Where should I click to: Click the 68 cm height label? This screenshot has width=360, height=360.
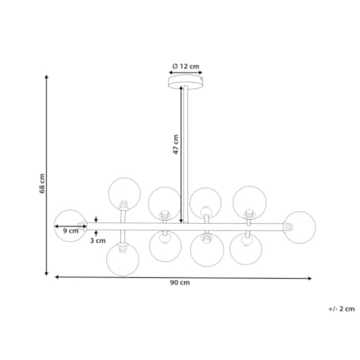[x=42, y=183]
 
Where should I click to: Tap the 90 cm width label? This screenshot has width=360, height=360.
[x=180, y=283]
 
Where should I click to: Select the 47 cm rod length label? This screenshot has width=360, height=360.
[x=176, y=144]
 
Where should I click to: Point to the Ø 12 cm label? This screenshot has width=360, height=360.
[x=186, y=66]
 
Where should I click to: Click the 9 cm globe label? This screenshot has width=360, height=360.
[x=71, y=231]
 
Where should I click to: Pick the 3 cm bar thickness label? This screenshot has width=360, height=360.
[x=98, y=241]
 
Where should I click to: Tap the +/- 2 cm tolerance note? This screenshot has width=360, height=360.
[x=342, y=309]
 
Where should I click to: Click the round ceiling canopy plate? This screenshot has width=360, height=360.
[x=186, y=82]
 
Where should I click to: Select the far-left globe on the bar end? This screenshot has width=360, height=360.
[x=70, y=226]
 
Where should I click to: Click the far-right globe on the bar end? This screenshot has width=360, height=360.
[x=299, y=227]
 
